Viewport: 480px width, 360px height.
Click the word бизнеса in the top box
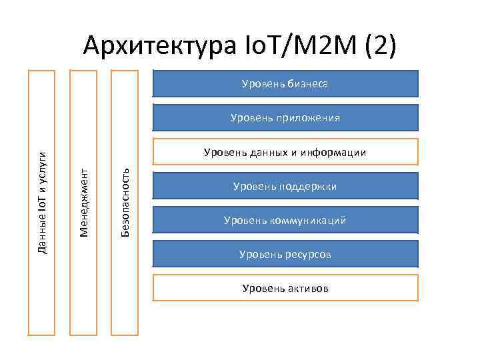(x=308, y=84)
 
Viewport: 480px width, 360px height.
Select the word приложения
(x=310, y=118)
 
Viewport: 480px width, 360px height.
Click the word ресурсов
(x=308, y=255)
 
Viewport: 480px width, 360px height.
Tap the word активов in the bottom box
(x=308, y=289)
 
